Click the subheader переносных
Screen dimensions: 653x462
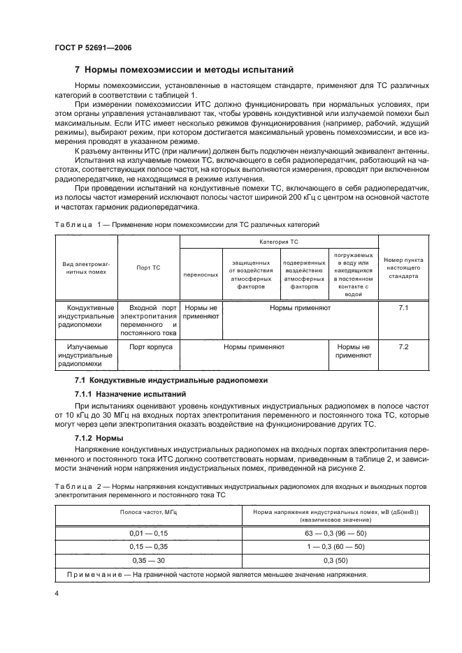[x=201, y=275]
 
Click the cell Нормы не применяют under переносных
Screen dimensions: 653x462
[x=201, y=311]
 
